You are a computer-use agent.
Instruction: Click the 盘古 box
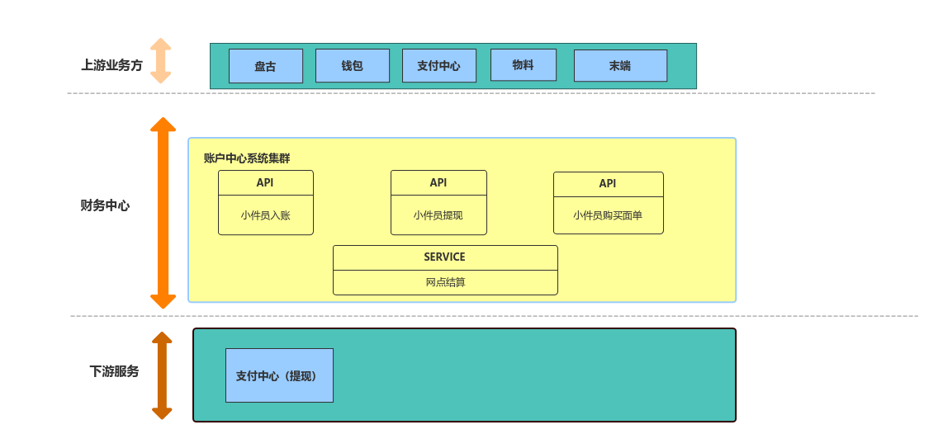point(265,66)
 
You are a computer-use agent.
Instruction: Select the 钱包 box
point(352,66)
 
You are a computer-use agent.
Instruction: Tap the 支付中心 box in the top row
point(438,66)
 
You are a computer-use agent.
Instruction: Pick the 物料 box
point(523,64)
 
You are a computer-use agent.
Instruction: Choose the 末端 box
point(620,66)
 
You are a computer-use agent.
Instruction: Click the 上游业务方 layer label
point(111,65)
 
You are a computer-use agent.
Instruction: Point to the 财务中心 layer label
point(105,205)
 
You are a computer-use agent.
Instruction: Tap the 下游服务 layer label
point(114,371)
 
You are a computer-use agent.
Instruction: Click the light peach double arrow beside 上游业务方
point(161,60)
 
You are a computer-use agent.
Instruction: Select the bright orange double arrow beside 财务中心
point(163,213)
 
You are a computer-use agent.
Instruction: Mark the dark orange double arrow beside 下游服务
point(162,375)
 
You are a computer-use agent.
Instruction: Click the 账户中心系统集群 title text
point(247,158)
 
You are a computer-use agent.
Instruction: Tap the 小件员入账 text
point(265,215)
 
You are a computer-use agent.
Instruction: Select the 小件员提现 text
point(438,215)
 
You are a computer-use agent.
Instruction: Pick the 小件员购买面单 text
point(608,215)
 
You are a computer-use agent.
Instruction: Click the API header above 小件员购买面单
point(608,184)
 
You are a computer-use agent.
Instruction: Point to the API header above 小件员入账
point(265,182)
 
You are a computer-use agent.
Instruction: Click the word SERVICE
point(444,257)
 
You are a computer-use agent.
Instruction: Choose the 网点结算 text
point(445,282)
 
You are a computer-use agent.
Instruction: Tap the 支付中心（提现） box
point(279,375)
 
